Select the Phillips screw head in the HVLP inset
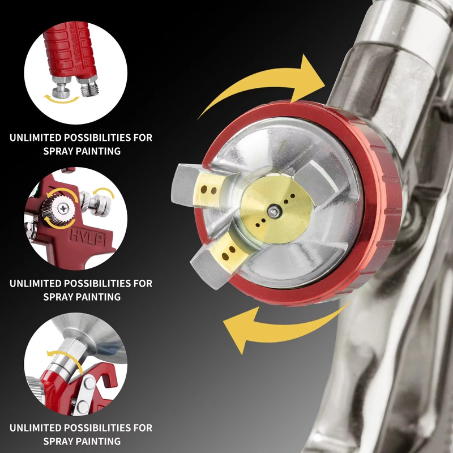[63, 208]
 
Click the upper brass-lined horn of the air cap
[202, 185]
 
